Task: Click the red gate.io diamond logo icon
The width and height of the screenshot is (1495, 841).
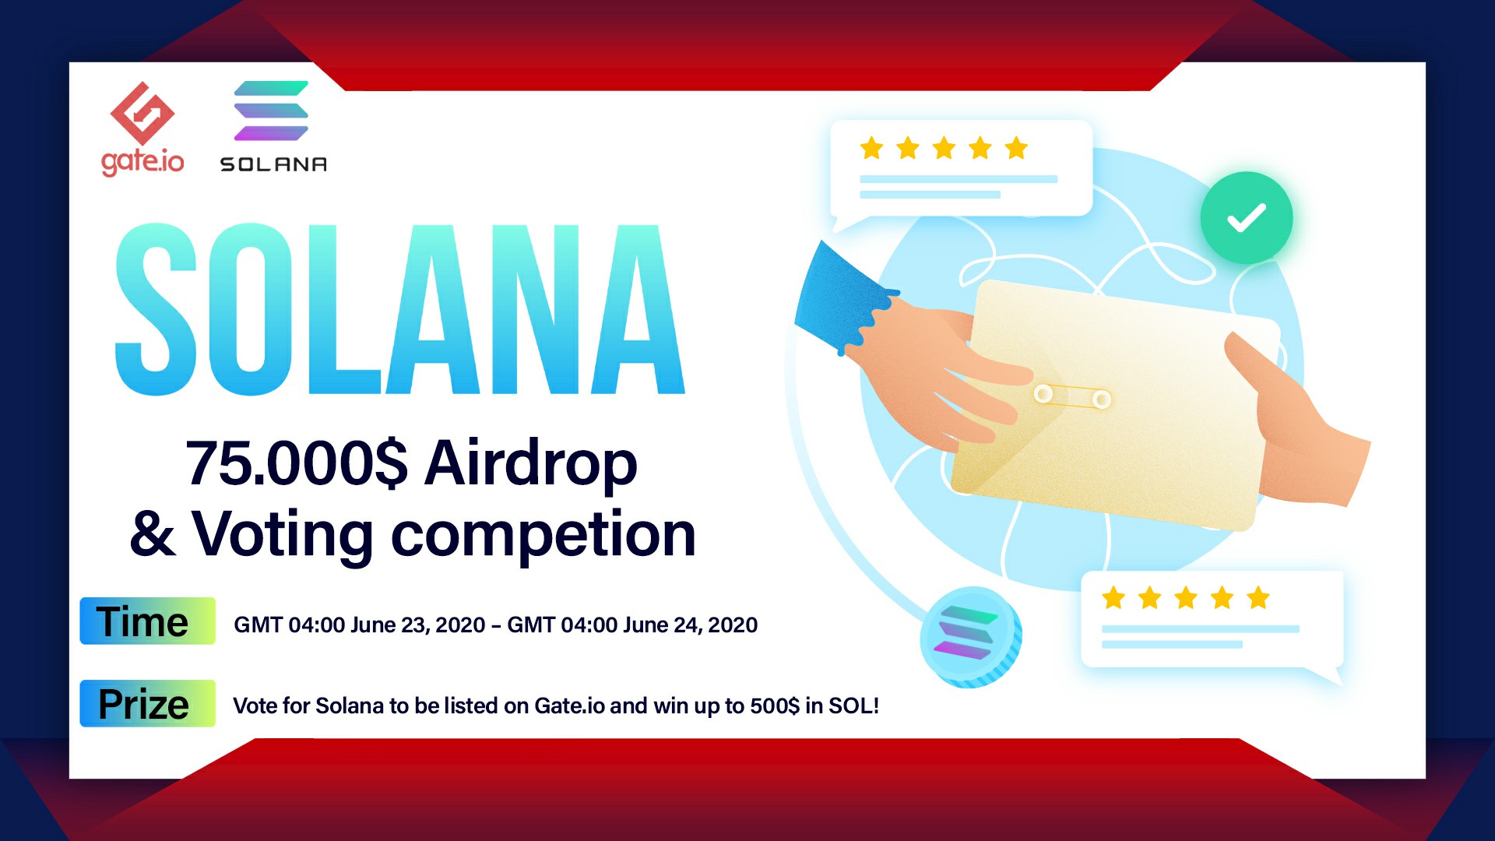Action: click(x=142, y=113)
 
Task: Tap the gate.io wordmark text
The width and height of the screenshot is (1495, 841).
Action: click(x=142, y=161)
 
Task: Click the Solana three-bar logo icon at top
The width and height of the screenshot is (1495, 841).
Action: click(x=271, y=111)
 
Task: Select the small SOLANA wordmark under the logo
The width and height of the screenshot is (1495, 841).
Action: click(x=273, y=164)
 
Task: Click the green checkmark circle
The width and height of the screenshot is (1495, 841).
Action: click(x=1246, y=218)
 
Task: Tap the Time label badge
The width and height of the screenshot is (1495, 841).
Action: click(x=147, y=621)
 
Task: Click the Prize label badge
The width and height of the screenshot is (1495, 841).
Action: click(x=147, y=703)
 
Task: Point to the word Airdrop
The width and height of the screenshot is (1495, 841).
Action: click(x=531, y=464)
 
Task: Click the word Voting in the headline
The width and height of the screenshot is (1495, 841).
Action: click(x=283, y=536)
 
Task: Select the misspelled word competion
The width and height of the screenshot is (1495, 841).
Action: click(x=543, y=536)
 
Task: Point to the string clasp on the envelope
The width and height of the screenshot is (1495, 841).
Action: click(x=1072, y=396)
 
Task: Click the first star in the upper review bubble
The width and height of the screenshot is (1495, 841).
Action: click(x=871, y=148)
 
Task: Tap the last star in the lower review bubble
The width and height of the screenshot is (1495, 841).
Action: click(x=1258, y=598)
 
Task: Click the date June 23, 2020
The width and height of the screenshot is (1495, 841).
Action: click(x=418, y=625)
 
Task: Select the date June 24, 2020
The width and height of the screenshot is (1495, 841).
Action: click(x=690, y=625)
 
